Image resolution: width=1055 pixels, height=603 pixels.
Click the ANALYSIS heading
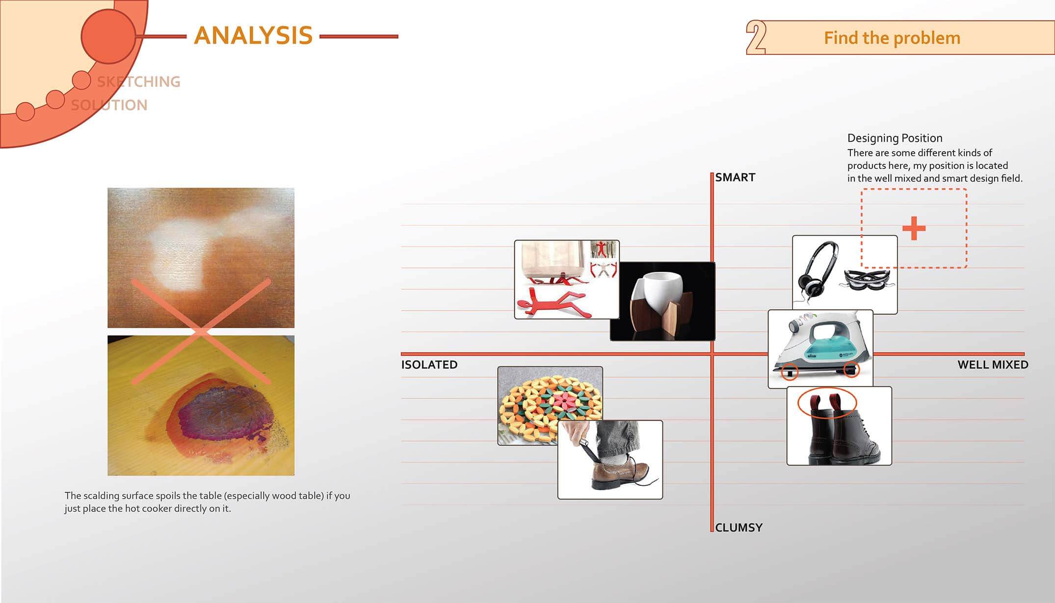(x=253, y=36)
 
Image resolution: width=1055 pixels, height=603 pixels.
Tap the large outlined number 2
(x=756, y=37)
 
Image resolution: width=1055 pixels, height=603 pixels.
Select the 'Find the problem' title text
(x=892, y=38)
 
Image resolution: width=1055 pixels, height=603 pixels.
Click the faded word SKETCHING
(x=139, y=81)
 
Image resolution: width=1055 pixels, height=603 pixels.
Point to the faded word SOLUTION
(x=109, y=105)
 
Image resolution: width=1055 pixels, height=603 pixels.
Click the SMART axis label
(x=735, y=177)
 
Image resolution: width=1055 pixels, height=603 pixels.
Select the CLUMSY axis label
(x=738, y=527)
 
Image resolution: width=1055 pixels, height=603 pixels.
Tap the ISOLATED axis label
(x=429, y=365)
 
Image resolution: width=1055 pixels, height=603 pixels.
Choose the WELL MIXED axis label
(x=993, y=365)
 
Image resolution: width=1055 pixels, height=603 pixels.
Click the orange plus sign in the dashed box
(x=914, y=228)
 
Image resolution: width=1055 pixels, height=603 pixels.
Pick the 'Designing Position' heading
(x=895, y=138)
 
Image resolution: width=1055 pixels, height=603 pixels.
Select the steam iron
(x=820, y=346)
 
